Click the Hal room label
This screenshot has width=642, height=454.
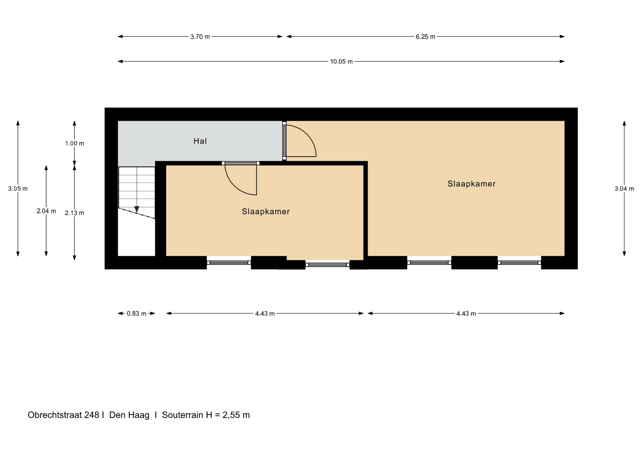coord(200,141)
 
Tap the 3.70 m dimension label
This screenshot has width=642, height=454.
coord(200,37)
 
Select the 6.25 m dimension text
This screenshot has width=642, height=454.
coord(425,37)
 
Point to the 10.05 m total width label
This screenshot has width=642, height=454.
coord(341,62)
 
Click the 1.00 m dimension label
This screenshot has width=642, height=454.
coord(75,143)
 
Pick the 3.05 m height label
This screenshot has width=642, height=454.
coord(18,189)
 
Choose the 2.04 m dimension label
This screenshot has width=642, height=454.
coord(46,211)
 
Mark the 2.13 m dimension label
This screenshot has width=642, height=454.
coord(75,213)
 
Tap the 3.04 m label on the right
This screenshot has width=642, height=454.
coord(624,189)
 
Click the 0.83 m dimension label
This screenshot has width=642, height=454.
coord(136,314)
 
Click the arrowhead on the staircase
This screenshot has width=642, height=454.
coord(137,210)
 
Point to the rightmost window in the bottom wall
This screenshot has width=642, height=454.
coord(519,263)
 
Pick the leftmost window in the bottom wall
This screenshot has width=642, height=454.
coord(229,263)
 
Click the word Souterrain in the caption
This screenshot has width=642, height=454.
coord(183,415)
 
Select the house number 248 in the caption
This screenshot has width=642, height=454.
coord(92,415)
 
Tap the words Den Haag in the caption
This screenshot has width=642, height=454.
coord(129,415)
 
